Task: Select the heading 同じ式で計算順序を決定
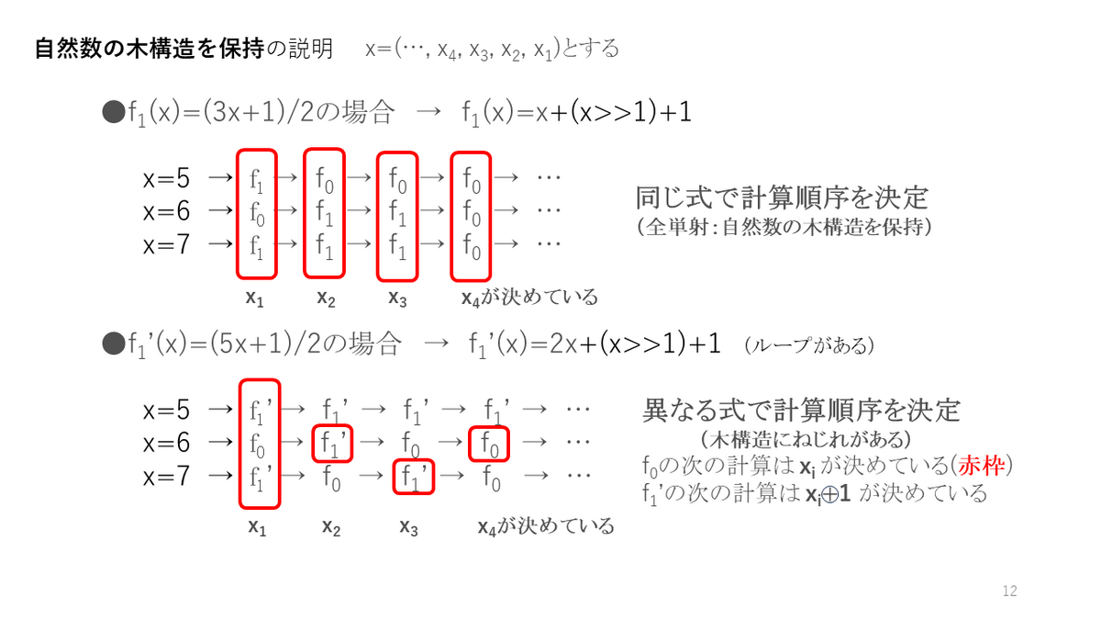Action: click(782, 197)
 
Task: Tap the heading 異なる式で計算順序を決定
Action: click(800, 409)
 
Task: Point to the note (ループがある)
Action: click(809, 345)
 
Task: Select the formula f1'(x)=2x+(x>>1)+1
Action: click(593, 344)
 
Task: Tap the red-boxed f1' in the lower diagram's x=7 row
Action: click(414, 476)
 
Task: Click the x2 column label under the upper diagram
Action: click(326, 297)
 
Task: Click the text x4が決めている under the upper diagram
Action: click(529, 297)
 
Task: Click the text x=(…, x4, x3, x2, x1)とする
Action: click(492, 49)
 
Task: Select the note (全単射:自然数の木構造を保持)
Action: click(784, 225)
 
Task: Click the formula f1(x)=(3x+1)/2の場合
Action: click(250, 113)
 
